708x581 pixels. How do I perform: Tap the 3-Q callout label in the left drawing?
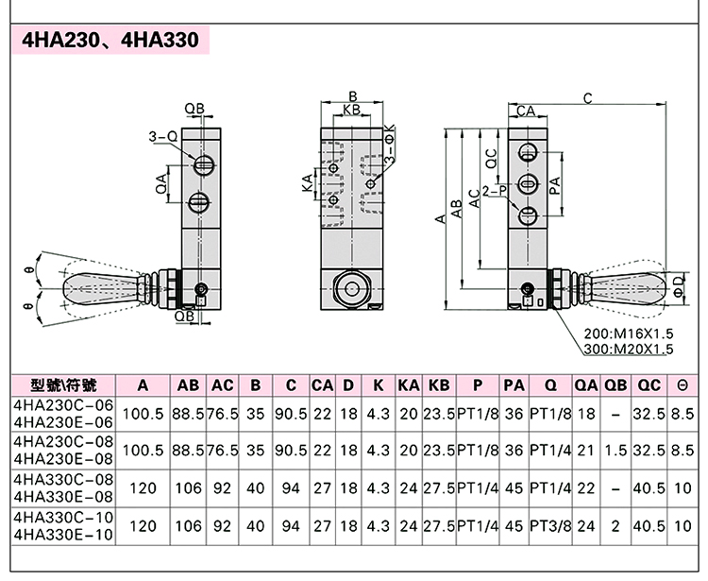pos(163,137)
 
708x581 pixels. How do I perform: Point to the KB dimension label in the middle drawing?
pos(352,111)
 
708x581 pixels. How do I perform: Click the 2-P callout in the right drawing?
pos(494,190)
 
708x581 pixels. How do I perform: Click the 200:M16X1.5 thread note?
pos(628,333)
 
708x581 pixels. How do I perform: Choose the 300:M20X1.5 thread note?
pos(628,349)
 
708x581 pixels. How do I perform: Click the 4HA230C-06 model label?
pos(64,405)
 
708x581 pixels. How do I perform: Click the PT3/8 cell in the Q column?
pos(548,525)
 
